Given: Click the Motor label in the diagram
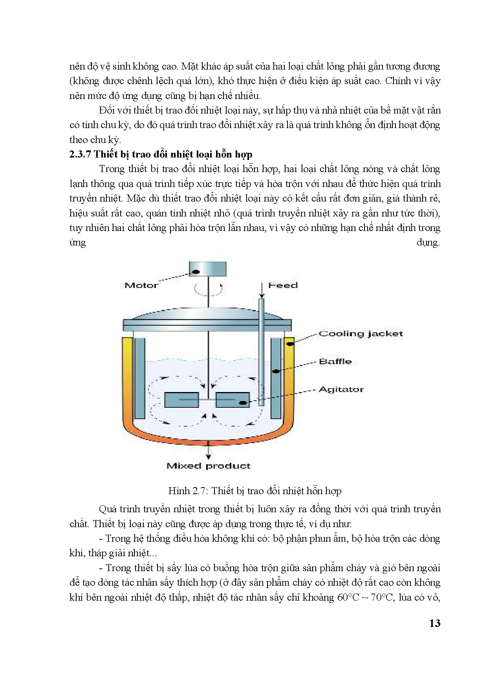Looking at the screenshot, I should pos(141,286).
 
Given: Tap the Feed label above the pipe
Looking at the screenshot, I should pos(283,286).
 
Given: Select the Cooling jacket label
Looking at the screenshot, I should pos(361,334).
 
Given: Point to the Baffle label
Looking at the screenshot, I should pos(335,361).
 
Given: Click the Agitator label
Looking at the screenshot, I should pos(341,390).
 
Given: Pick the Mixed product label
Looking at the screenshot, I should pos(208,466).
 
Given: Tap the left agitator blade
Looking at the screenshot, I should pos(181,400).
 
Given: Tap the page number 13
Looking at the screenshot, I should pos(435,623).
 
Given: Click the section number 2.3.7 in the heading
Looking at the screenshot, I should pos(80,154).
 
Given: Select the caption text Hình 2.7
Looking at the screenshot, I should pos(184,491).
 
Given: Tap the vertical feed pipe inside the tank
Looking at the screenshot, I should pos(262,350).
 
